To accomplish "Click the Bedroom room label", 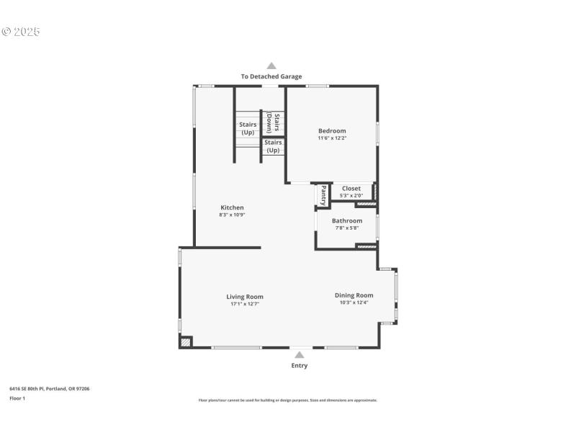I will (332, 131).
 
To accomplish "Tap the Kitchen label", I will (232, 207).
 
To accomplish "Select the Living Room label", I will (245, 297).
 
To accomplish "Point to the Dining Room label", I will (354, 295).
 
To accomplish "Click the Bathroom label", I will (347, 221).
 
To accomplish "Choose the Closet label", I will (351, 189).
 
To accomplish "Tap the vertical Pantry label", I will (323, 195).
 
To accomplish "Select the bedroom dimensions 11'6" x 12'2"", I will (332, 138).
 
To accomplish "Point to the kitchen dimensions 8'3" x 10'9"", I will (232, 215).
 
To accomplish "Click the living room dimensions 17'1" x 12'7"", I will (245, 304).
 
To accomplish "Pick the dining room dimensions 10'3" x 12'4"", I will (354, 302).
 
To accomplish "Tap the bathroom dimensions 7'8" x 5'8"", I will (347, 228).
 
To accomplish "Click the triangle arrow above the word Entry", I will (299, 354).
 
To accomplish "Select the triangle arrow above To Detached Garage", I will (271, 66).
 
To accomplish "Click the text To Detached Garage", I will (271, 76).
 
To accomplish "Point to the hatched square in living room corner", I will (186, 343).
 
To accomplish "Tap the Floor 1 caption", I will (17, 398).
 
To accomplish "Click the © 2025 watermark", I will (21, 32).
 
